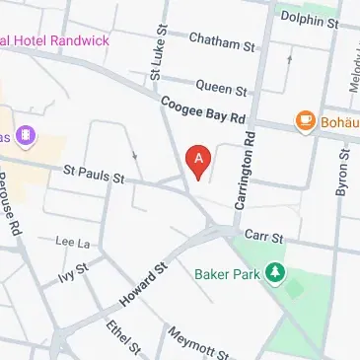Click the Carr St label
point(264,238)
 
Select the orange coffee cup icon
point(305,122)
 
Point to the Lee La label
point(73,241)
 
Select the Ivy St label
point(74,272)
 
